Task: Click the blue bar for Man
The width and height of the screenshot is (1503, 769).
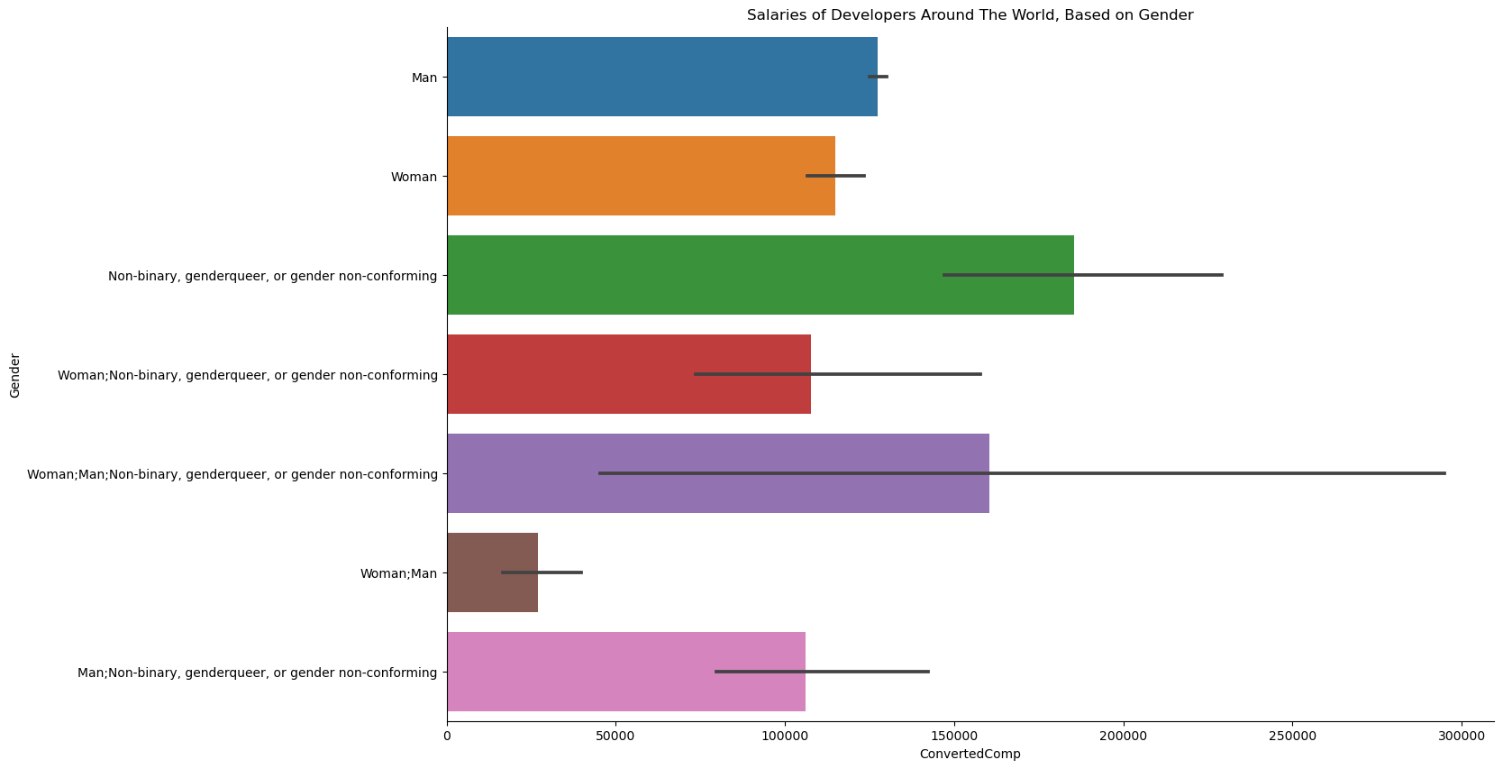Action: point(661,77)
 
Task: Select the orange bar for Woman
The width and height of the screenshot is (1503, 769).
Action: point(641,176)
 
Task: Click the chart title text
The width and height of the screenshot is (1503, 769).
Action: point(970,15)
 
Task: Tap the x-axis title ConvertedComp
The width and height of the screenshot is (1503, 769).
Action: point(970,754)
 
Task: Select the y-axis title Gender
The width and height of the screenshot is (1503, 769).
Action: point(15,375)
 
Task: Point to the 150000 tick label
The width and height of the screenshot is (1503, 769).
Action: point(954,736)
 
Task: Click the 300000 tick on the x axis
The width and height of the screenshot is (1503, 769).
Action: point(1461,736)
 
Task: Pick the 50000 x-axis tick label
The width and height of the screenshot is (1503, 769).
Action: point(615,736)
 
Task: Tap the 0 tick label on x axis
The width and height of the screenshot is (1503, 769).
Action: point(447,736)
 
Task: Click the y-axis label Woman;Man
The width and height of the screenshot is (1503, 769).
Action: point(398,573)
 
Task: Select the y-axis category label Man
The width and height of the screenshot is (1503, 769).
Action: point(424,78)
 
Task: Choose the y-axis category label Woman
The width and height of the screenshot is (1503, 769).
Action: point(414,177)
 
